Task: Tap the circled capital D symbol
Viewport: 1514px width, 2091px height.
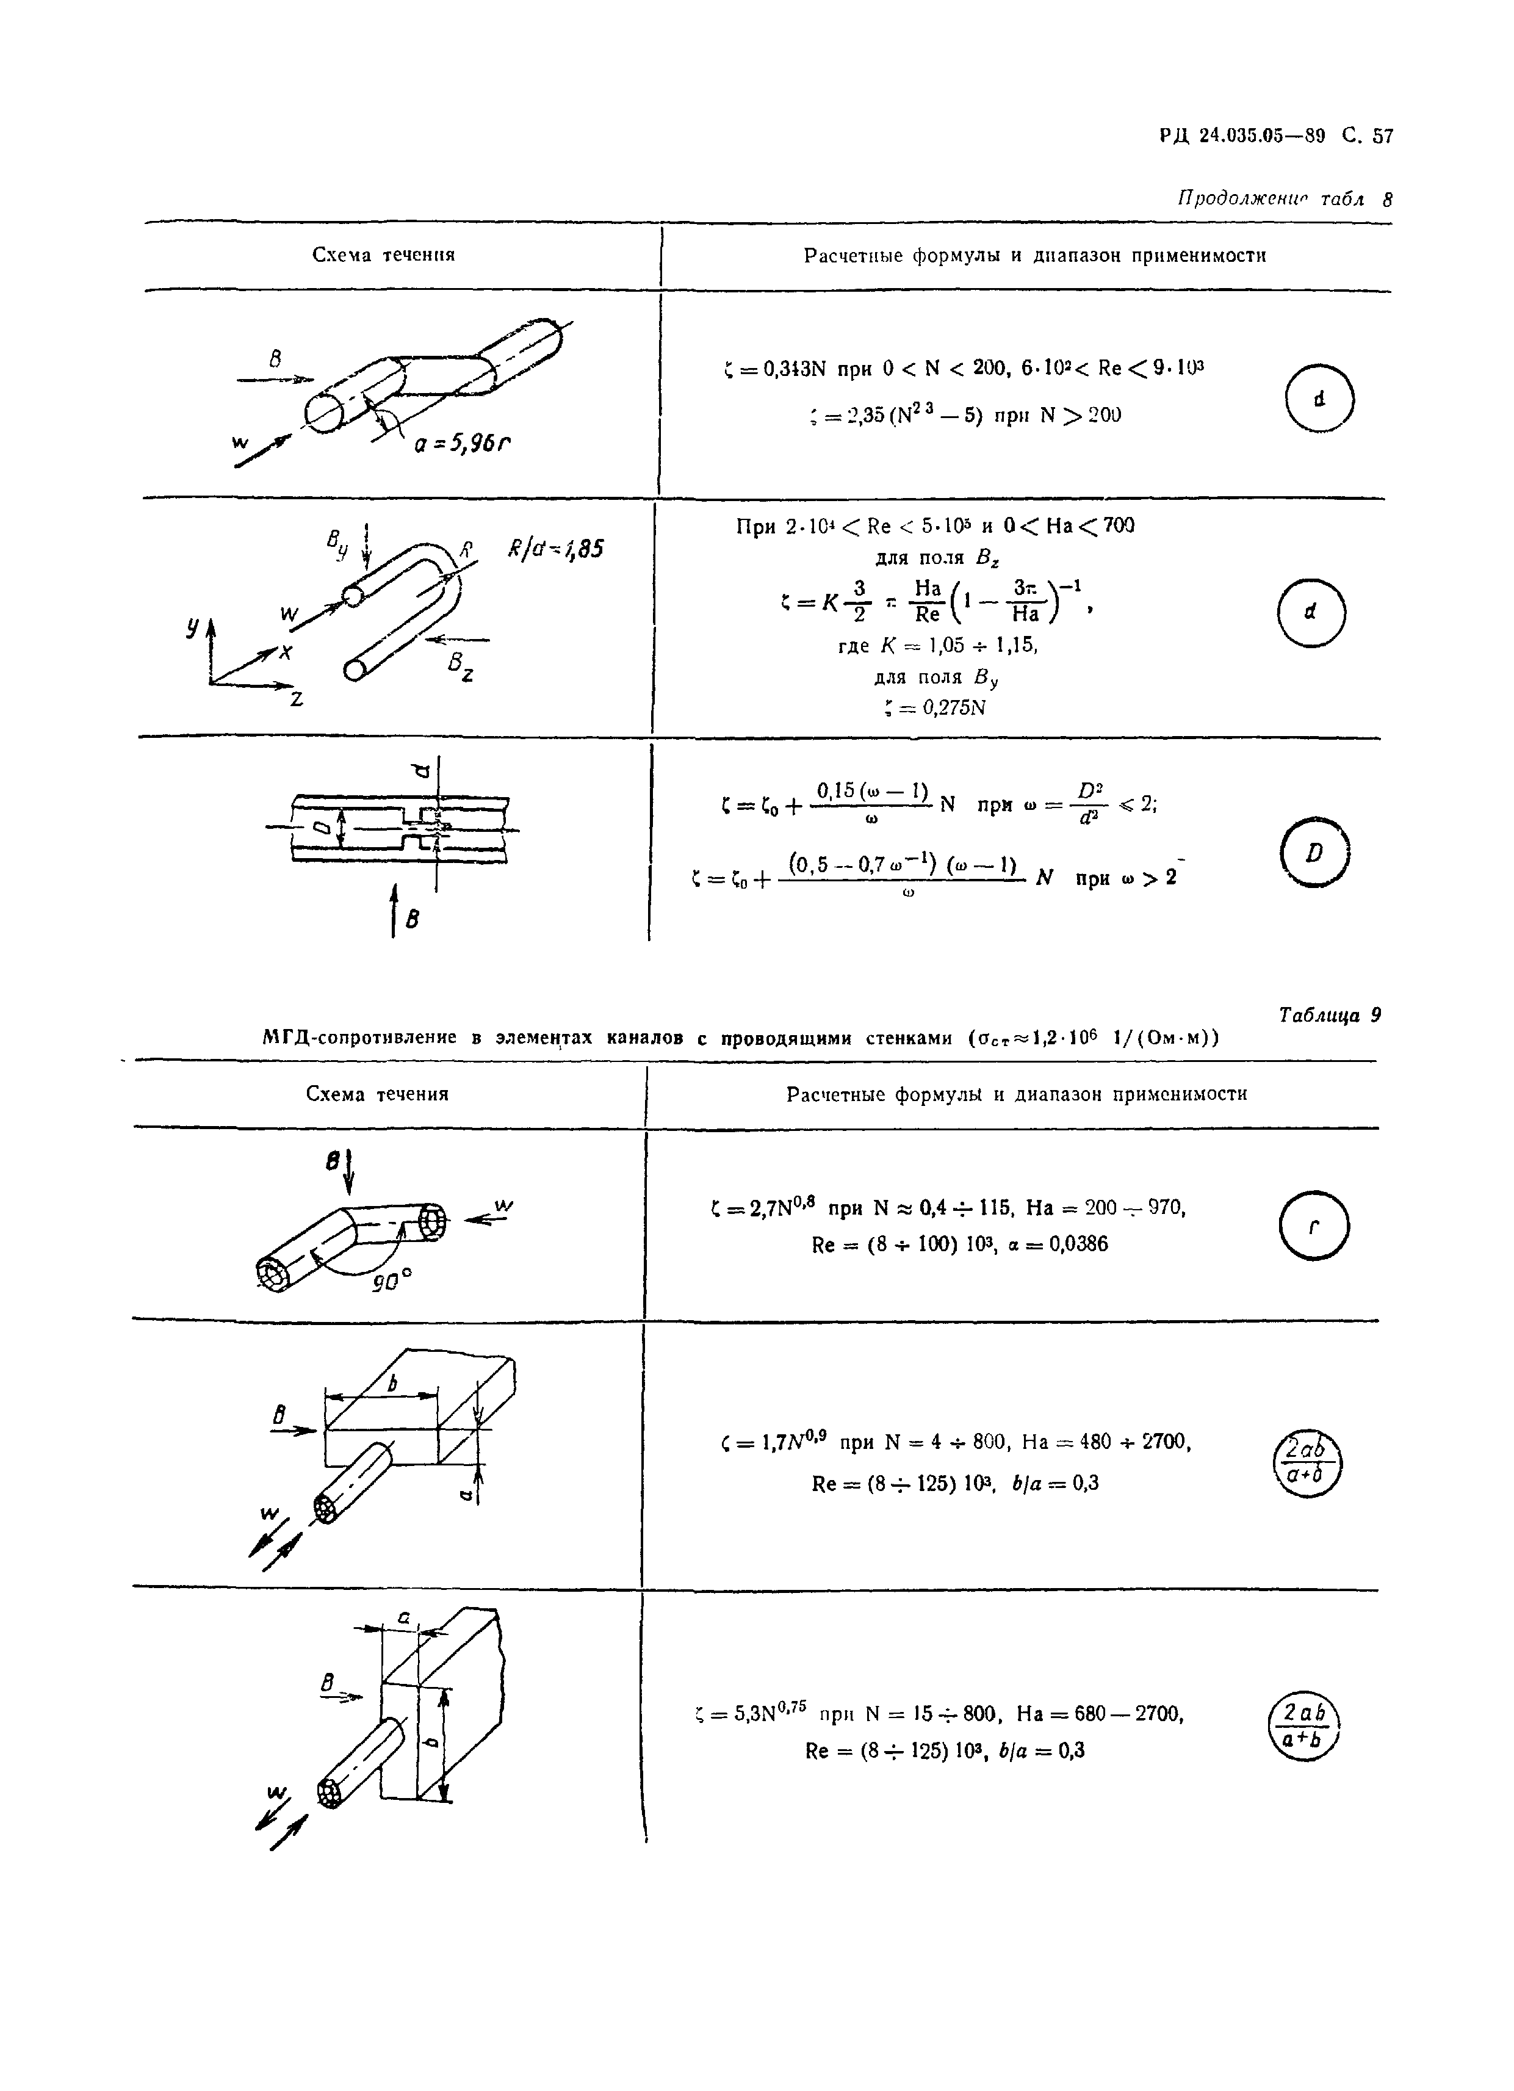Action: (x=1315, y=853)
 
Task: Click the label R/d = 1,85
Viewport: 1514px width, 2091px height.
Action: (x=556, y=549)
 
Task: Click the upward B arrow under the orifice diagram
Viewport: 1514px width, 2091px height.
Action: (x=395, y=910)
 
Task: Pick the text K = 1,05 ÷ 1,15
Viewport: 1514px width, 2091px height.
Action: (x=938, y=646)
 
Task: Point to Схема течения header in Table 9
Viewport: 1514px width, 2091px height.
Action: (x=377, y=1094)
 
